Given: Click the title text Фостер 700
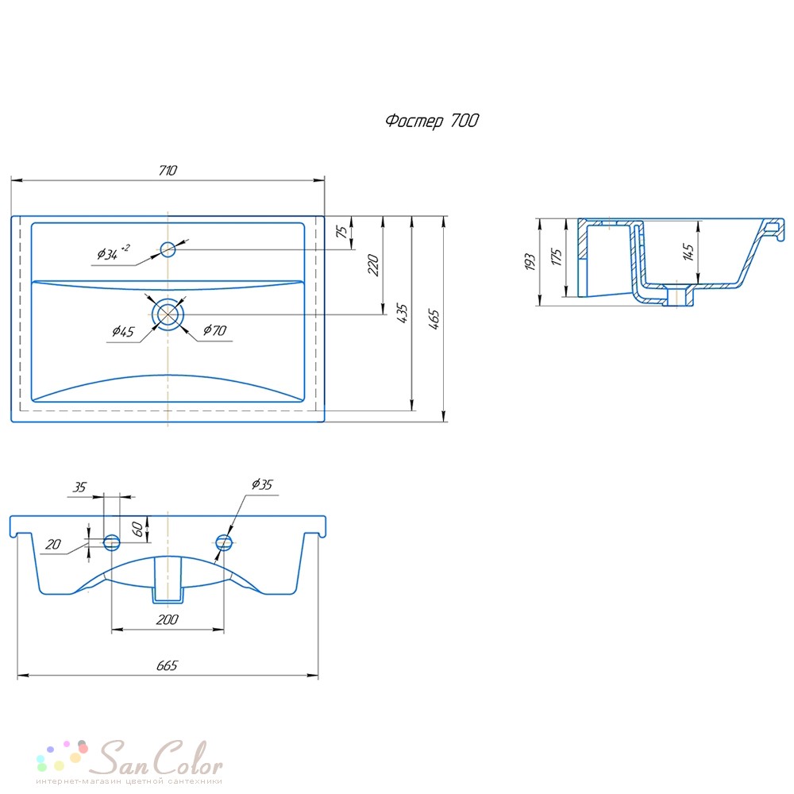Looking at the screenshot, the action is (432, 121).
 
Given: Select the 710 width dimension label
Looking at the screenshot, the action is (168, 170).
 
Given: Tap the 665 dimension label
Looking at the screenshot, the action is (167, 665).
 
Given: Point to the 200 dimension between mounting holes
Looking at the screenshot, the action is (167, 620).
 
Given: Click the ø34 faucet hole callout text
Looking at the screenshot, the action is (114, 252).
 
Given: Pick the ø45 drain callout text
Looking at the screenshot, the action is (123, 332).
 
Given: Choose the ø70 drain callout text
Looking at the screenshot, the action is (214, 330).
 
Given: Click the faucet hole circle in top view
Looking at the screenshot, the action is (168, 249).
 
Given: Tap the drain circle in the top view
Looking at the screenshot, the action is (168, 314).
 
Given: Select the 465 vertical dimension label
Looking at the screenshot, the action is (434, 319).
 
